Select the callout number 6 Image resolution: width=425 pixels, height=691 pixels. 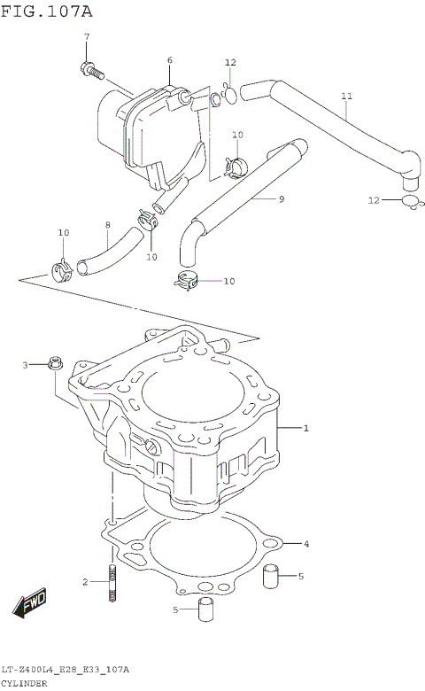169,60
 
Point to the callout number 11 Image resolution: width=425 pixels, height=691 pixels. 346,95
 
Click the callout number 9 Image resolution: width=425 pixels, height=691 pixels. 282,199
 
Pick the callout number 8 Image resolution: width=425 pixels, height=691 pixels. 108,225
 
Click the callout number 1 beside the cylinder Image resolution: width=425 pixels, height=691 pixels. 305,430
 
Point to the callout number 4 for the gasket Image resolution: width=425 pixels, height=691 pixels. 306,543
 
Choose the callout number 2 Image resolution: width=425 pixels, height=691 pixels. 85,582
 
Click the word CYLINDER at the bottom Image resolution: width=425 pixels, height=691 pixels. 25,684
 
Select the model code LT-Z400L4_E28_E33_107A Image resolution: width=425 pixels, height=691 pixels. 66,670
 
